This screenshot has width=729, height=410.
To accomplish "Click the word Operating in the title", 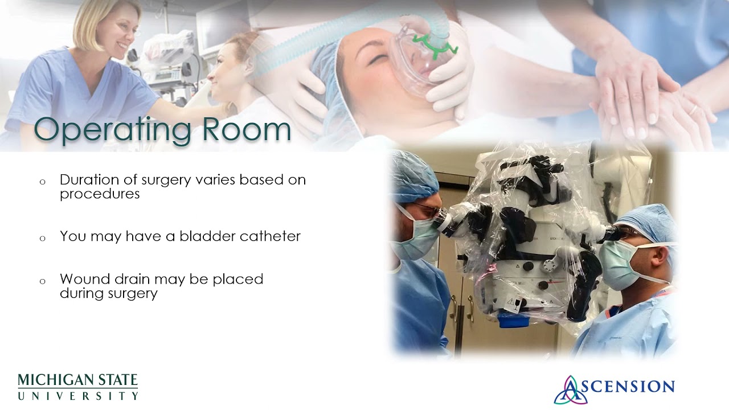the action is point(112,131).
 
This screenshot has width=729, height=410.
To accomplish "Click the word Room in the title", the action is point(247,129).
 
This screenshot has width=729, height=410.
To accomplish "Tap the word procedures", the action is point(100,194).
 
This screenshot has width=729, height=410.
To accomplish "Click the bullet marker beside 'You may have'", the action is point(42,239).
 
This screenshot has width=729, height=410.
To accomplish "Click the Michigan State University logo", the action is point(78,387).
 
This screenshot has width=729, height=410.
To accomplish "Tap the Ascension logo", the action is point(614,389).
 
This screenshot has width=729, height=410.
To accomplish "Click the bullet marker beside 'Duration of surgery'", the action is point(42,182).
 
